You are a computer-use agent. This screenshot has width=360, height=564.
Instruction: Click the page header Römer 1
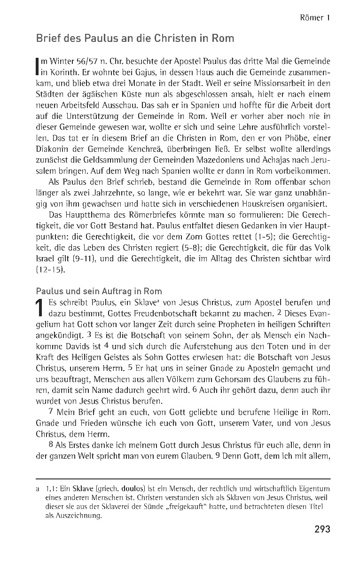[314, 18]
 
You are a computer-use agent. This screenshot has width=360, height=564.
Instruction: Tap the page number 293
[322, 529]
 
